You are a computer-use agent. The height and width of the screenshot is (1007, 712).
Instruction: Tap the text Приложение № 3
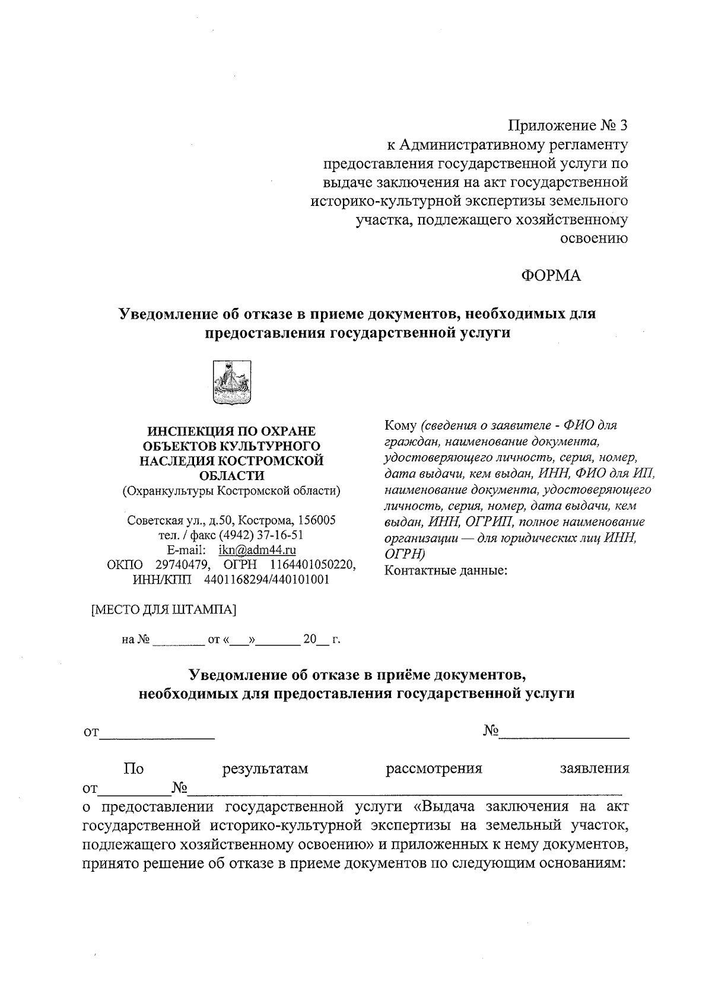[568, 126]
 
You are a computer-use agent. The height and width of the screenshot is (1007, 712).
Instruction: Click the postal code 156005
[317, 520]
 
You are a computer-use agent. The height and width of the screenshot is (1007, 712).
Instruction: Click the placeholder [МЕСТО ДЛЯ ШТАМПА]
[163, 609]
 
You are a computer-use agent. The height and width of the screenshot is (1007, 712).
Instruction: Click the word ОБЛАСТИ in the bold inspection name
[231, 475]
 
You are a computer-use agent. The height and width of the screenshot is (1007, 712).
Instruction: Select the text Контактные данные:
[446, 571]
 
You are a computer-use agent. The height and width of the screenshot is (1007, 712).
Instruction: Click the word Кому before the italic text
[401, 426]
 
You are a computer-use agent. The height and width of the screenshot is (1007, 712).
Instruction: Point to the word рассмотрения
[434, 769]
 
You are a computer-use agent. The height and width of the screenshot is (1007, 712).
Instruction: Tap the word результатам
[265, 769]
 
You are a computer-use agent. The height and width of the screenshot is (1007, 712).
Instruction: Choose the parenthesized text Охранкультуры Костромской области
[231, 491]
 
